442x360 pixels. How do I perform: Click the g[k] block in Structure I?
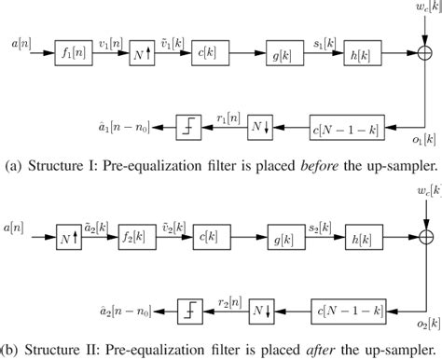(278, 44)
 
